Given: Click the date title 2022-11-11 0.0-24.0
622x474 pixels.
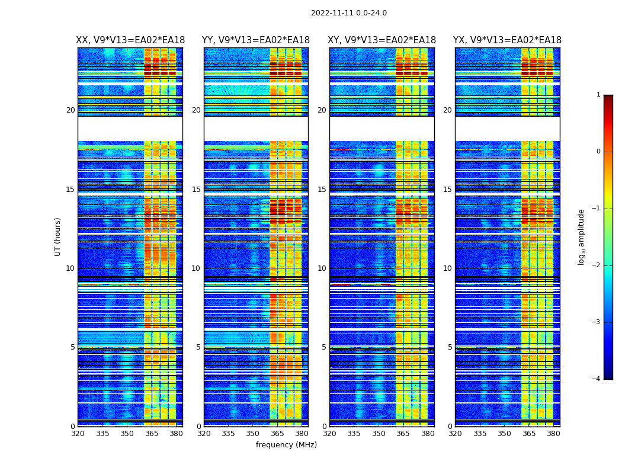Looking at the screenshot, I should pyautogui.click(x=348, y=13).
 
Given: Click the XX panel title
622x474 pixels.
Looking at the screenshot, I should pyautogui.click(x=130, y=40).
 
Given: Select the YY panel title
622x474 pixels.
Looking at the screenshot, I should pyautogui.click(x=256, y=40).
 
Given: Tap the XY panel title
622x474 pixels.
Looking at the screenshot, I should pyautogui.click(x=382, y=40).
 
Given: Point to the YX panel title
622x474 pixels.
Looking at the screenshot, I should pyautogui.click(x=507, y=40).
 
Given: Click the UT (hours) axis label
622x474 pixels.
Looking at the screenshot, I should pyautogui.click(x=58, y=236).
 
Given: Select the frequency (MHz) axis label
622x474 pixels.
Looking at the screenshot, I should pyautogui.click(x=286, y=445).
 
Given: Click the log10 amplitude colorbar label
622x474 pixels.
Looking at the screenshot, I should pyautogui.click(x=582, y=236).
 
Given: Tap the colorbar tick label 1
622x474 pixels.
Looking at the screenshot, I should pyautogui.click(x=598, y=95).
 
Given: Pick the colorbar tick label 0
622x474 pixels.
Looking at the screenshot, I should pyautogui.click(x=598, y=152).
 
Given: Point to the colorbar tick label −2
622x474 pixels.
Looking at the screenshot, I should pyautogui.click(x=597, y=265).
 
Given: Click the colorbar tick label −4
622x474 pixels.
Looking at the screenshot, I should pyautogui.click(x=597, y=379).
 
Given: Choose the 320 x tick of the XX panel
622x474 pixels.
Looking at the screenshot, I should pyautogui.click(x=78, y=434).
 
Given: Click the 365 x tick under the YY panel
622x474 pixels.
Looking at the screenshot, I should pyautogui.click(x=277, y=434).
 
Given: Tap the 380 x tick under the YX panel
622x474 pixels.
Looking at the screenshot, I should pyautogui.click(x=553, y=434).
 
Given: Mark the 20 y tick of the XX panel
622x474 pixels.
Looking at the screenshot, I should pyautogui.click(x=70, y=110).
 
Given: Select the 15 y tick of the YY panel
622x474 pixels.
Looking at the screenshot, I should pyautogui.click(x=196, y=190).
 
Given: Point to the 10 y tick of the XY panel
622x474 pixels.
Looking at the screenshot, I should pyautogui.click(x=322, y=268).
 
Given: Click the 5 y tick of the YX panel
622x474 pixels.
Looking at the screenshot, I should pyautogui.click(x=450, y=347).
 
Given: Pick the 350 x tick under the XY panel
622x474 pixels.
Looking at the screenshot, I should pyautogui.click(x=379, y=434).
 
